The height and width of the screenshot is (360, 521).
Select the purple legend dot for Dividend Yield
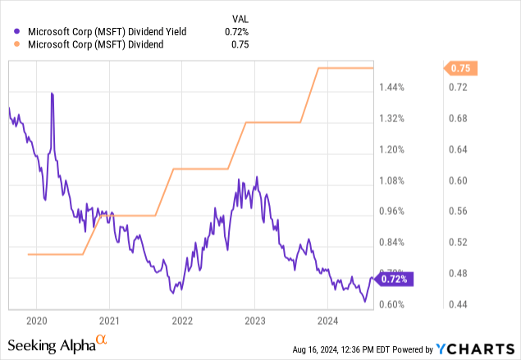20,32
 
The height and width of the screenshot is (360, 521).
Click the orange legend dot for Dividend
20,44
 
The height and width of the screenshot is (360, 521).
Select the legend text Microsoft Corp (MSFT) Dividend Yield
107,32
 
